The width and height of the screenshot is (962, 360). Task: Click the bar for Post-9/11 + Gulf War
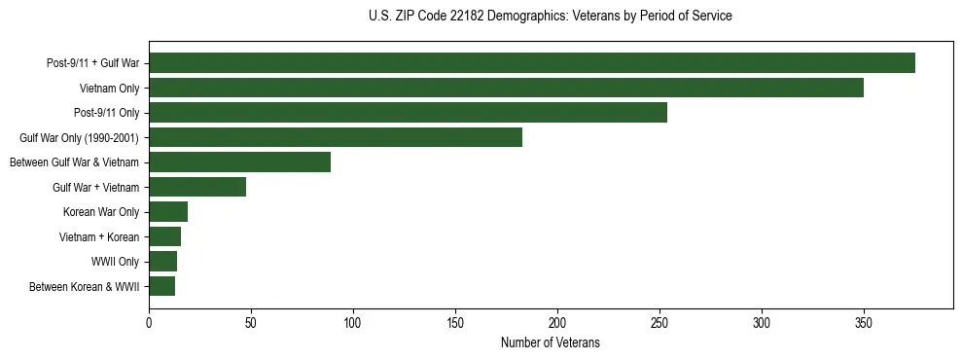coord(532,63)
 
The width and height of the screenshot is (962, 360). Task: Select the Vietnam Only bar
coord(506,88)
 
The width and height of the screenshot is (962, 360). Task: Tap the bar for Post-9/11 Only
coord(408,113)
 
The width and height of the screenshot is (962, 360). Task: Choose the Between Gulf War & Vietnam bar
coord(239,162)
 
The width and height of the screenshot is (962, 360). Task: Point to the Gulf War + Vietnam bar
coord(197,187)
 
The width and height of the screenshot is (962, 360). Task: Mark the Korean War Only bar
coord(168,212)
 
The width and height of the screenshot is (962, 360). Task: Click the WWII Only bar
coord(162,262)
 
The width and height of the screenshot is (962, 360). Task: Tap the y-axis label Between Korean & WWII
coord(85,287)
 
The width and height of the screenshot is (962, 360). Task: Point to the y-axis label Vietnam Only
coord(109,88)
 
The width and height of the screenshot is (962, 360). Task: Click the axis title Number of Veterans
coord(550,342)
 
